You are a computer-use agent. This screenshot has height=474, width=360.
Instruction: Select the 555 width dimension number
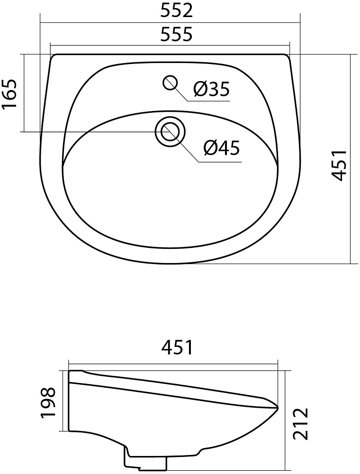click(x=176, y=34)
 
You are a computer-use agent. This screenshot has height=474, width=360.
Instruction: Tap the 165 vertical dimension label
click(x=9, y=94)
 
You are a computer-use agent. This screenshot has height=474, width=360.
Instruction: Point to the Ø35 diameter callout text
click(x=212, y=89)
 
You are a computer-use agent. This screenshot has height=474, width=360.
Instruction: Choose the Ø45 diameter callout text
click(x=222, y=148)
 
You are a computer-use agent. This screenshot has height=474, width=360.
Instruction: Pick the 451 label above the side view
click(x=177, y=347)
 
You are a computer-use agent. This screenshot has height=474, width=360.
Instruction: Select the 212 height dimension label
click(x=300, y=423)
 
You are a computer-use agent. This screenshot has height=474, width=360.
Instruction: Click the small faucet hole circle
click(x=170, y=83)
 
